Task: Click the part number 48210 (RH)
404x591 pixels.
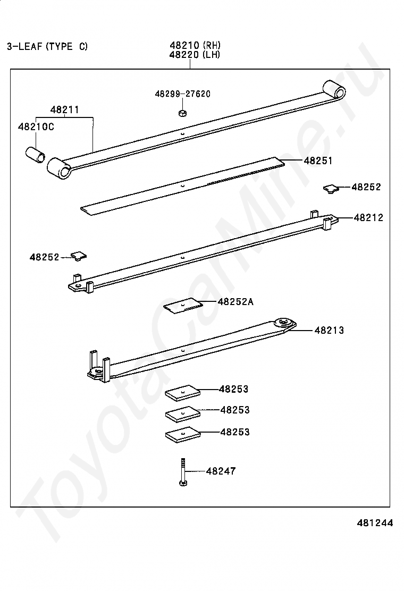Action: (x=195, y=45)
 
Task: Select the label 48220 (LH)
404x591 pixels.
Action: (x=195, y=55)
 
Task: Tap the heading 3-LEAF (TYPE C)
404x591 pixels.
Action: (x=47, y=46)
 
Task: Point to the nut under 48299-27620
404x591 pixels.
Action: (x=182, y=113)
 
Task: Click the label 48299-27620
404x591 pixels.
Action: (x=183, y=94)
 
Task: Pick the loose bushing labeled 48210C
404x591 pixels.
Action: (x=35, y=155)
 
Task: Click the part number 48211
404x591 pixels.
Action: (x=65, y=109)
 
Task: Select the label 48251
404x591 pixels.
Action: (x=318, y=161)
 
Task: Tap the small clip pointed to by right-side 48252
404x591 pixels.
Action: (x=331, y=189)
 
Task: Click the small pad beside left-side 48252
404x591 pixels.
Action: (x=79, y=256)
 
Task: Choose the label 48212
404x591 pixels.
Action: (x=368, y=217)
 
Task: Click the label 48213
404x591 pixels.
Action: (x=330, y=330)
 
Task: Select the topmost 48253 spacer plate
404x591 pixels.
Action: (x=183, y=392)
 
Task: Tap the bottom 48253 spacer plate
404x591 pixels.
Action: (x=183, y=435)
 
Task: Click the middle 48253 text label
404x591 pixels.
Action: (x=235, y=410)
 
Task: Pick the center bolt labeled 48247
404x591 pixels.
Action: (x=183, y=472)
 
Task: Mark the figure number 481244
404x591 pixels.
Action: (x=375, y=523)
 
